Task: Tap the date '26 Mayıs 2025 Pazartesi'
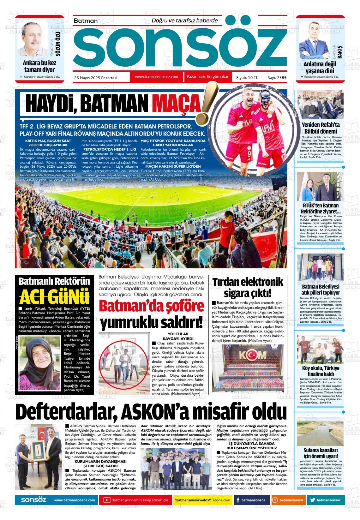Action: point(96,77)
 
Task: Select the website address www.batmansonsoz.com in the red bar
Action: point(156,77)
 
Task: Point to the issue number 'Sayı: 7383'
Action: point(277,77)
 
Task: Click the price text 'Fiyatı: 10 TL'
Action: point(247,77)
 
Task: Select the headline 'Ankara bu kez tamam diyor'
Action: point(39,66)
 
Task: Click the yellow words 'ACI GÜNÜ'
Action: point(54,297)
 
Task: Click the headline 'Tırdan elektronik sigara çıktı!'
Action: point(248,287)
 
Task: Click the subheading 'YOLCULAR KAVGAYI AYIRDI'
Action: point(178,336)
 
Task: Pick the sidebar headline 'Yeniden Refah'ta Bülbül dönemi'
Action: point(321,128)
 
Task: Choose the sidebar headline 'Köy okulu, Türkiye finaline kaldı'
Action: point(321,371)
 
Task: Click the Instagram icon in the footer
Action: point(275,500)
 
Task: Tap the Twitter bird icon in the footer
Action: point(312,500)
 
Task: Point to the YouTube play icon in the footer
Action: point(107,500)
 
